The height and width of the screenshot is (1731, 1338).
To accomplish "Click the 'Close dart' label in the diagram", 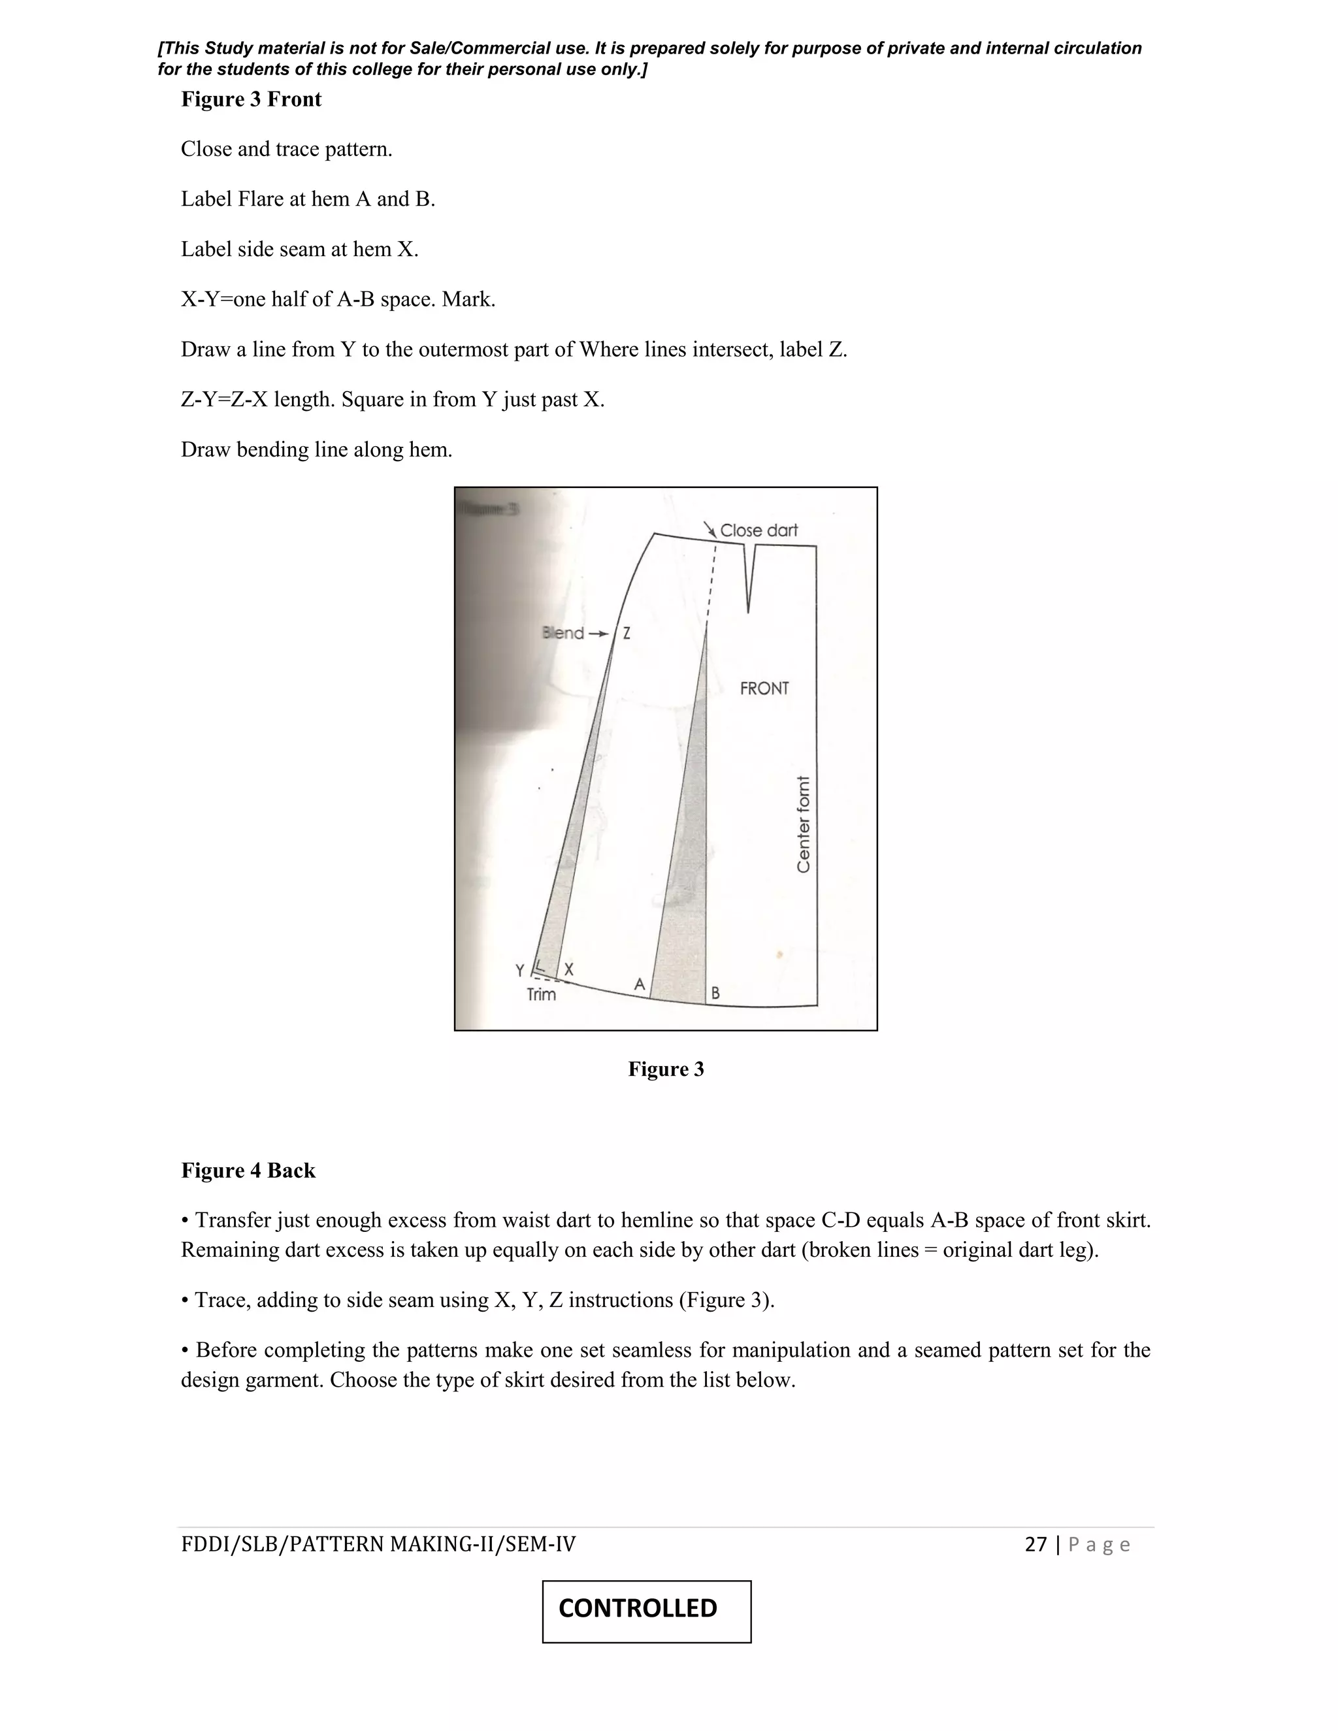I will point(758,530).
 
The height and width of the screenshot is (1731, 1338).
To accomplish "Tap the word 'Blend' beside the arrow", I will point(563,632).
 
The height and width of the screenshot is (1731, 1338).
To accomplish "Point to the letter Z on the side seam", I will point(626,633).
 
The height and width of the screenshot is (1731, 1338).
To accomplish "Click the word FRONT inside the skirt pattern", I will point(764,688).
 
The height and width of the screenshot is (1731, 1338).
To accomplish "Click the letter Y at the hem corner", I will point(520,970).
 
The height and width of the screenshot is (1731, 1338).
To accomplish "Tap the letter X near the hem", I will point(568,969).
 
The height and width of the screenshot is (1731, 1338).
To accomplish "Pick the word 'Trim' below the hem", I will point(542,995).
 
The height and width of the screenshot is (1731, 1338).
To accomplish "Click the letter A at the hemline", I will point(640,984).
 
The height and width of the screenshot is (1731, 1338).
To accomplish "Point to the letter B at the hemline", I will point(715,992).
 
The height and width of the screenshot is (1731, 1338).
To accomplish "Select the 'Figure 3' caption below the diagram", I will point(666,1069).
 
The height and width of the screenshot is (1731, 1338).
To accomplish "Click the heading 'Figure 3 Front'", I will point(252,99).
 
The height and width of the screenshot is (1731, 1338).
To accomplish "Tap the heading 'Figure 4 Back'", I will point(248,1171).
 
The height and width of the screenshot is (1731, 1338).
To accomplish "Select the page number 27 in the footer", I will point(1036,1544).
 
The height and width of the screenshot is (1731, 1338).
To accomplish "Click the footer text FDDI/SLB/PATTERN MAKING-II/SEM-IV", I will point(378,1544).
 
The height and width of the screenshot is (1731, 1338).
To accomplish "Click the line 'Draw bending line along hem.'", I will point(316,449).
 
